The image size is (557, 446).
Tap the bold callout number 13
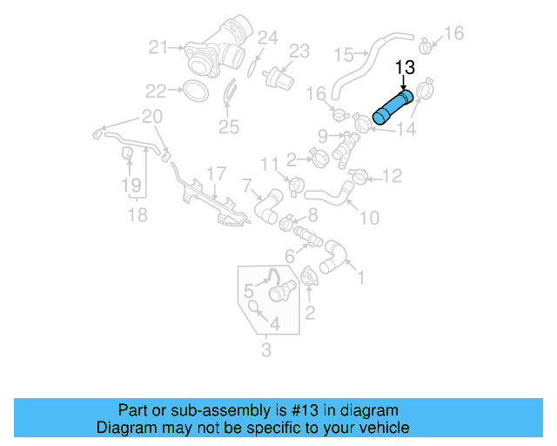(x=405, y=66)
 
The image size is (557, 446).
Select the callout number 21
(x=158, y=47)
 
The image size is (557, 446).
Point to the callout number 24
(x=268, y=37)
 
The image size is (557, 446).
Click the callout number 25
(x=227, y=128)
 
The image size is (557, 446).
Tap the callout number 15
(x=346, y=55)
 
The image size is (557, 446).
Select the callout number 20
(x=151, y=117)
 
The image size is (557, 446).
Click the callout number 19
(x=131, y=185)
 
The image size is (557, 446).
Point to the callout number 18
(x=138, y=214)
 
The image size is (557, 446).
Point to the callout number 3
(x=266, y=351)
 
